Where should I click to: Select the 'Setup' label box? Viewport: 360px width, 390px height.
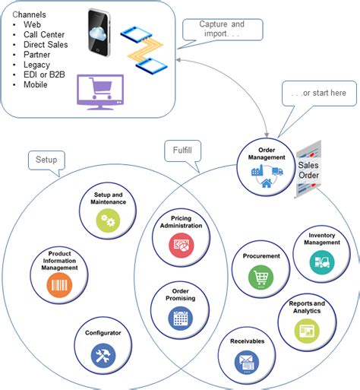coord(45,160)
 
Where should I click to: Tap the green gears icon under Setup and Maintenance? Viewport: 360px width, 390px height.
coord(108,220)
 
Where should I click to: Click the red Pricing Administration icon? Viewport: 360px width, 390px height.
coord(181,246)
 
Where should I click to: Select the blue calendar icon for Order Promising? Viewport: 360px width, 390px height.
coord(180,318)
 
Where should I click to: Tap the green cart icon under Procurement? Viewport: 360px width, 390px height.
coord(261,277)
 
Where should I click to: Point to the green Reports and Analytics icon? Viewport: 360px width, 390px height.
coord(305,331)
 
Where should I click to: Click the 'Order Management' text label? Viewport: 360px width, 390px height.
coord(267,154)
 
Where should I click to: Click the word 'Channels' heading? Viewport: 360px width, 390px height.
coord(31,14)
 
